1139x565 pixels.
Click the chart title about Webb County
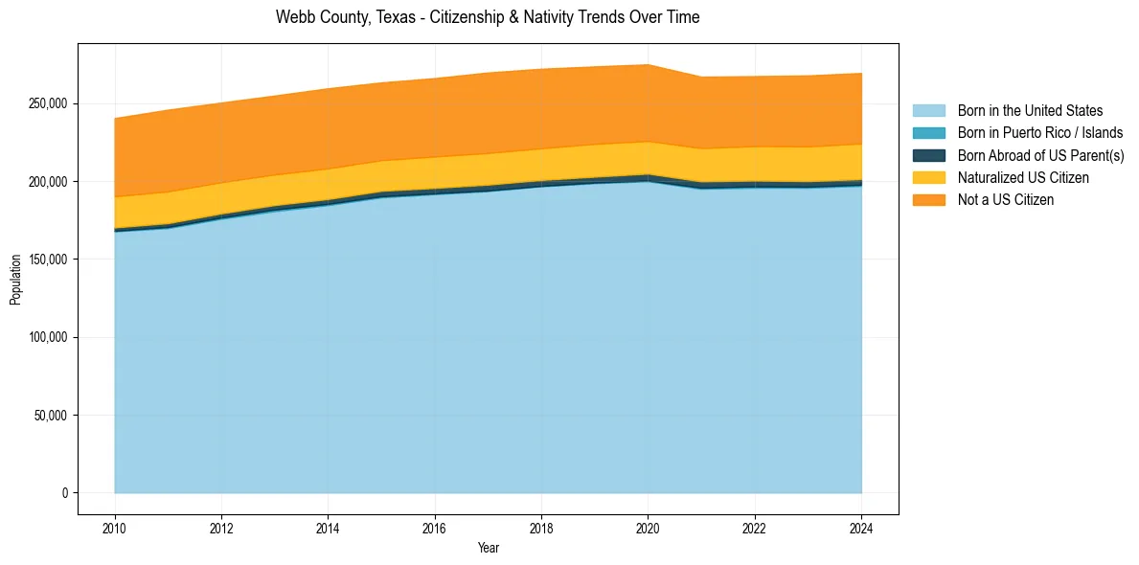pos(488,17)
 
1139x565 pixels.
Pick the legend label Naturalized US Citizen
pos(1023,177)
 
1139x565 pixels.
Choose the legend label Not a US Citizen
pos(1006,199)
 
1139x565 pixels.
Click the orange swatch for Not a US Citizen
pos(928,199)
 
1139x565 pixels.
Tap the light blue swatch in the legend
pos(928,111)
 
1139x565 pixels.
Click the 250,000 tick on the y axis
pos(49,103)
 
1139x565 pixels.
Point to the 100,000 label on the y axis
pos(49,337)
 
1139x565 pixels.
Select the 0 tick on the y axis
pos(66,493)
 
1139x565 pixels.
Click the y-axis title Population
pos(15,280)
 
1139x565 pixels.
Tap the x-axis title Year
pos(488,548)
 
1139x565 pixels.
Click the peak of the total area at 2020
pos(649,65)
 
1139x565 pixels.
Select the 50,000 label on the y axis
pos(52,416)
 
